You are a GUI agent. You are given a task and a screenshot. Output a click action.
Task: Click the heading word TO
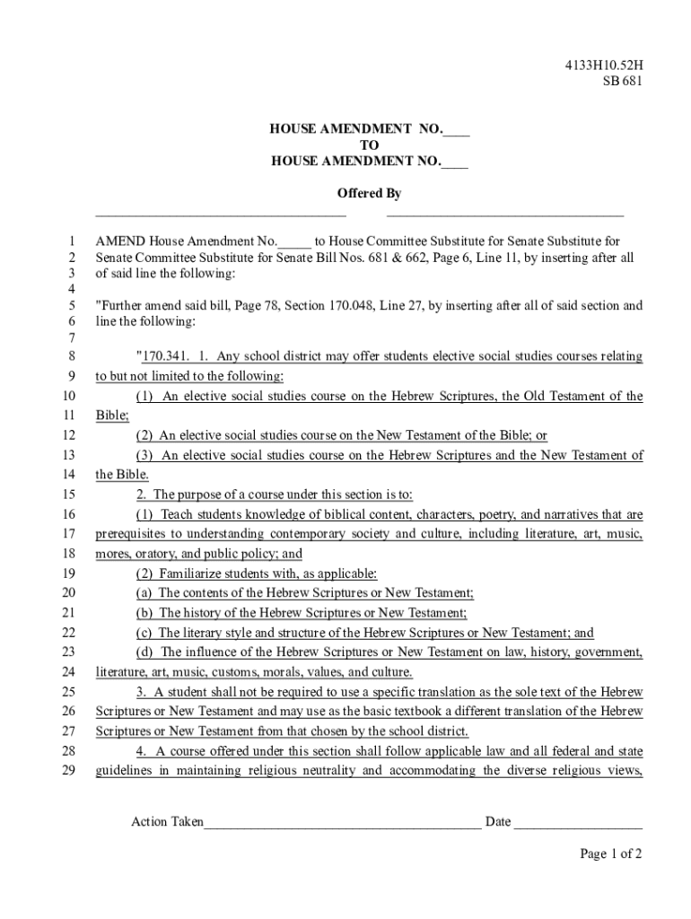tap(369, 145)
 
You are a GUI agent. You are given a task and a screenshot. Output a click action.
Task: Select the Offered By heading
tap(369, 193)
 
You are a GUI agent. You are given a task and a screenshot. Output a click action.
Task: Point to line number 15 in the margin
tap(69, 495)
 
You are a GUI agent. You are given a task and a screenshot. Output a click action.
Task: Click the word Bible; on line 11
tap(112, 416)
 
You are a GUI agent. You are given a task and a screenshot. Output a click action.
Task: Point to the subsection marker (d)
tap(144, 652)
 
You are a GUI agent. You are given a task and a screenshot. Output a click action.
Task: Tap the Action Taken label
tap(167, 821)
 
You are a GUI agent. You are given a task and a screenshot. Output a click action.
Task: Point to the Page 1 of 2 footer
tap(610, 854)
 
